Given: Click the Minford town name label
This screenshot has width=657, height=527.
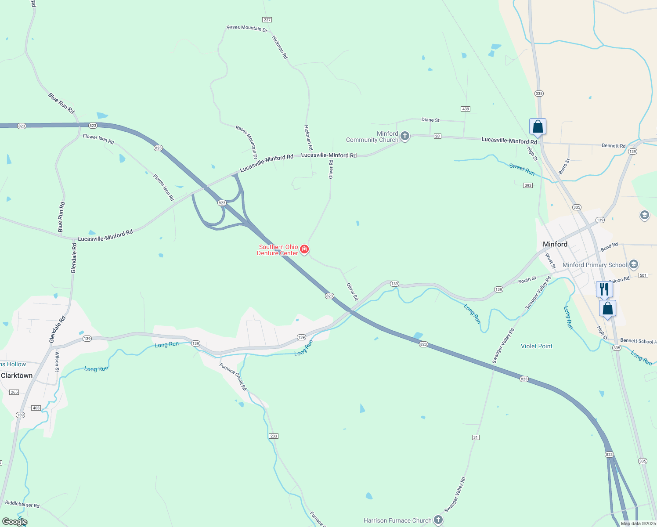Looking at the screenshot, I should coord(555,244).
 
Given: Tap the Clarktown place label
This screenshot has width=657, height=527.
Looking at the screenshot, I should coord(17,375).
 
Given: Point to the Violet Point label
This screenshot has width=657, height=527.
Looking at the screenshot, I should coord(537,346).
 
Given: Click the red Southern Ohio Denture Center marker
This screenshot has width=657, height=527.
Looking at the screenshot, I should coord(304,249).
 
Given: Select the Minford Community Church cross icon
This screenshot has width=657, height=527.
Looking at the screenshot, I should coord(405,136).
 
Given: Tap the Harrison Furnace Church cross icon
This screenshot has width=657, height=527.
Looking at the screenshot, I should coord(438,520).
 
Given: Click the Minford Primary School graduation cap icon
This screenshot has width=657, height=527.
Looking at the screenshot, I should coord(633,264).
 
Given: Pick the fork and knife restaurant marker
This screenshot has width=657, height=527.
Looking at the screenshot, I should coord(604,289).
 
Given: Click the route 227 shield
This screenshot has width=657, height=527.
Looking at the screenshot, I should coord(267,20).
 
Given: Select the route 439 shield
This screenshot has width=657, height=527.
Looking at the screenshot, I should coord(466,109).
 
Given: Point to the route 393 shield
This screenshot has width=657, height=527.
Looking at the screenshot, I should coord(528,185).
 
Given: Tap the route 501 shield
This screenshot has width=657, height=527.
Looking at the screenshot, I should coord(643,275).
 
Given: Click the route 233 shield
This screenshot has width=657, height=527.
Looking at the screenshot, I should coord(274,436).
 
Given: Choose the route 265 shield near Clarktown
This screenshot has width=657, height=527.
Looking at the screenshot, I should coord(14,392).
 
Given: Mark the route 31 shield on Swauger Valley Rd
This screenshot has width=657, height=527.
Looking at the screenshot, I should coord(476,437).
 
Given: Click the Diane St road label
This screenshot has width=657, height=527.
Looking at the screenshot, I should coord(430,120).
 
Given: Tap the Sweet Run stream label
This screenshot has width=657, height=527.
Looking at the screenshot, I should coord(522,169).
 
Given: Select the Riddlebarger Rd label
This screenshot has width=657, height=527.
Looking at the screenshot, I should coord(22,504).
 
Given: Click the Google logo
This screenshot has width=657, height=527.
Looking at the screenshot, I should coord(14,522).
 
